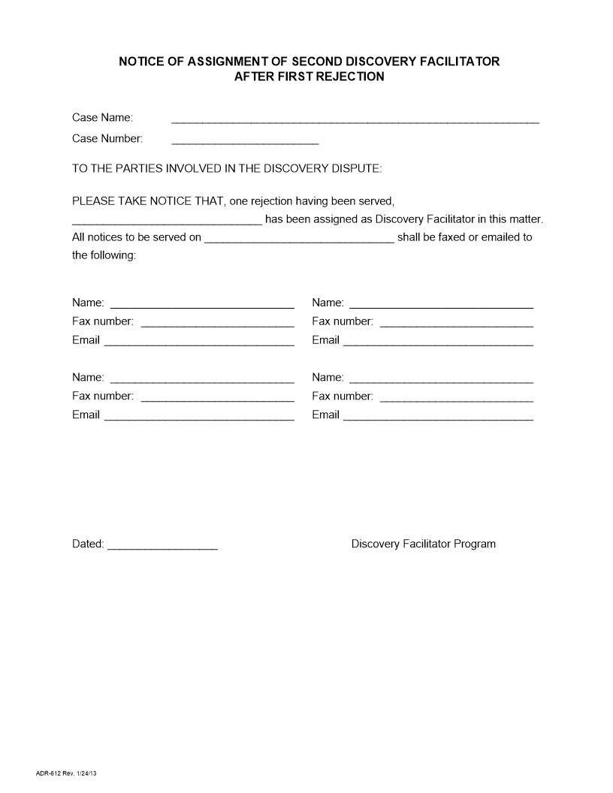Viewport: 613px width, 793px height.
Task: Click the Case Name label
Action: point(102,117)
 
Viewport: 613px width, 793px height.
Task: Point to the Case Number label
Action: point(107,138)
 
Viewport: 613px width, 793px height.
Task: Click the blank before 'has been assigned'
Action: point(167,222)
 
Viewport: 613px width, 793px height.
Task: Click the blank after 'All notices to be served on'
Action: point(299,240)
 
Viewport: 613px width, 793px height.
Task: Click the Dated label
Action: point(88,544)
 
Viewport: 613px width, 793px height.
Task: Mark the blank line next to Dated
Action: point(163,547)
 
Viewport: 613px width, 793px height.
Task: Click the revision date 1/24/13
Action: point(86,773)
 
